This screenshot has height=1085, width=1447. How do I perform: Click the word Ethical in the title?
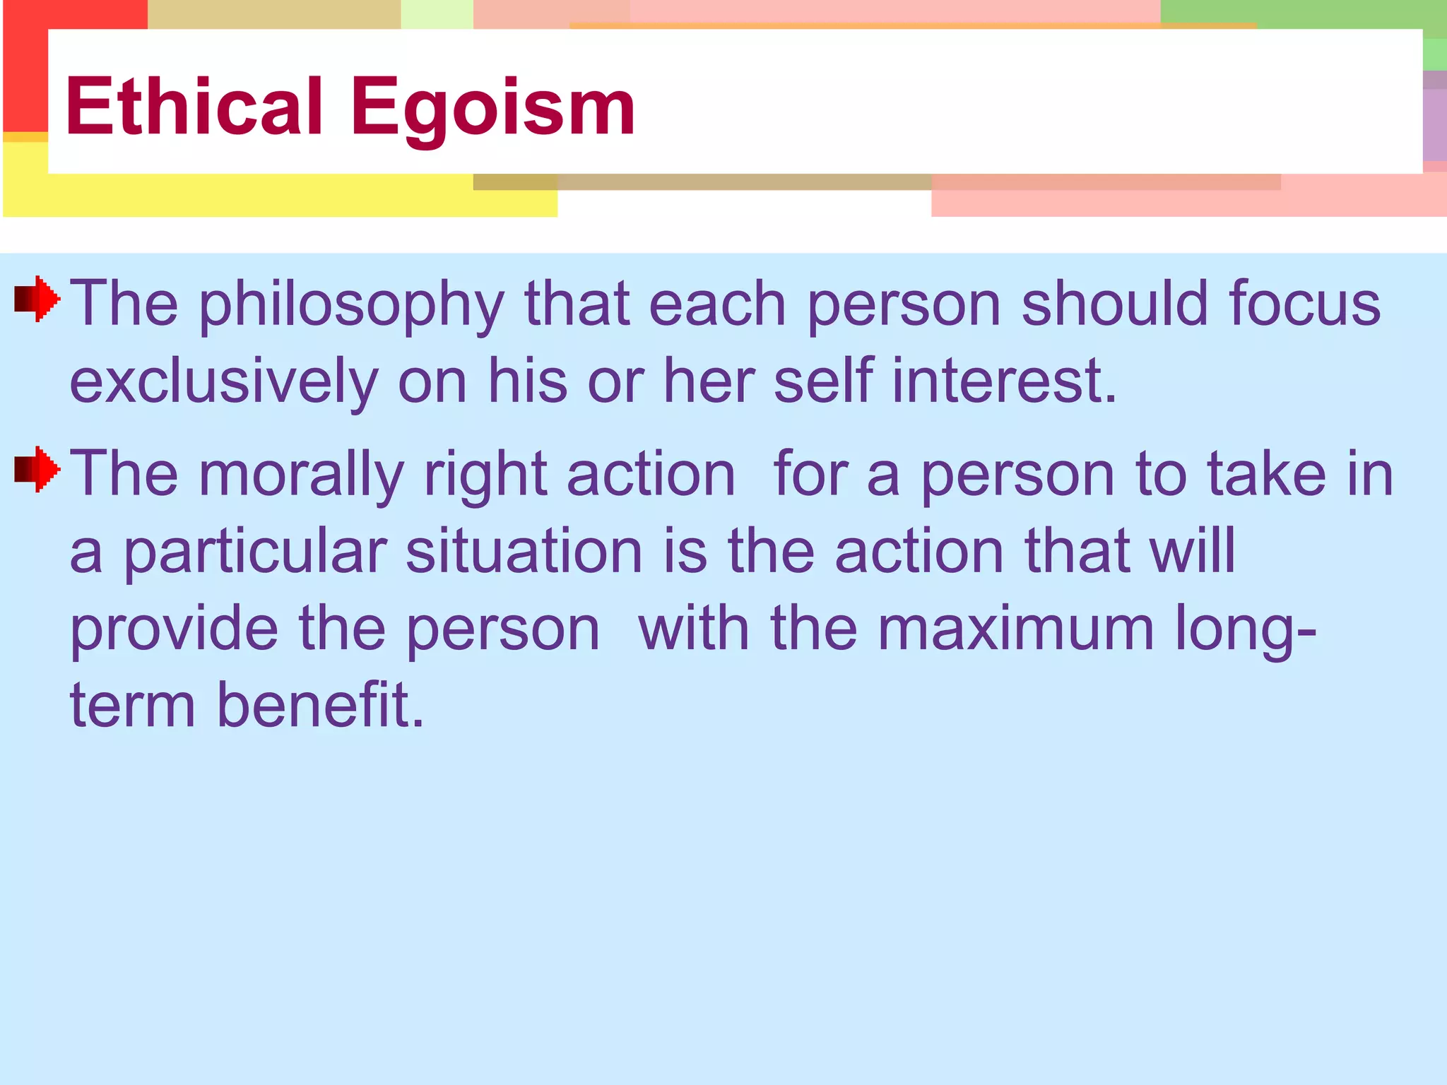point(194,107)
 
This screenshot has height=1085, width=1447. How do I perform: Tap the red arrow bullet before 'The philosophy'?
point(37,300)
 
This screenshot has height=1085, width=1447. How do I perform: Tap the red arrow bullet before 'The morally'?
point(37,469)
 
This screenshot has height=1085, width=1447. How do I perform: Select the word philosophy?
point(351,305)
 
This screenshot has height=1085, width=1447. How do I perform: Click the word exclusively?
point(224,382)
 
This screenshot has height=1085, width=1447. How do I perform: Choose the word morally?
point(302,475)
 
